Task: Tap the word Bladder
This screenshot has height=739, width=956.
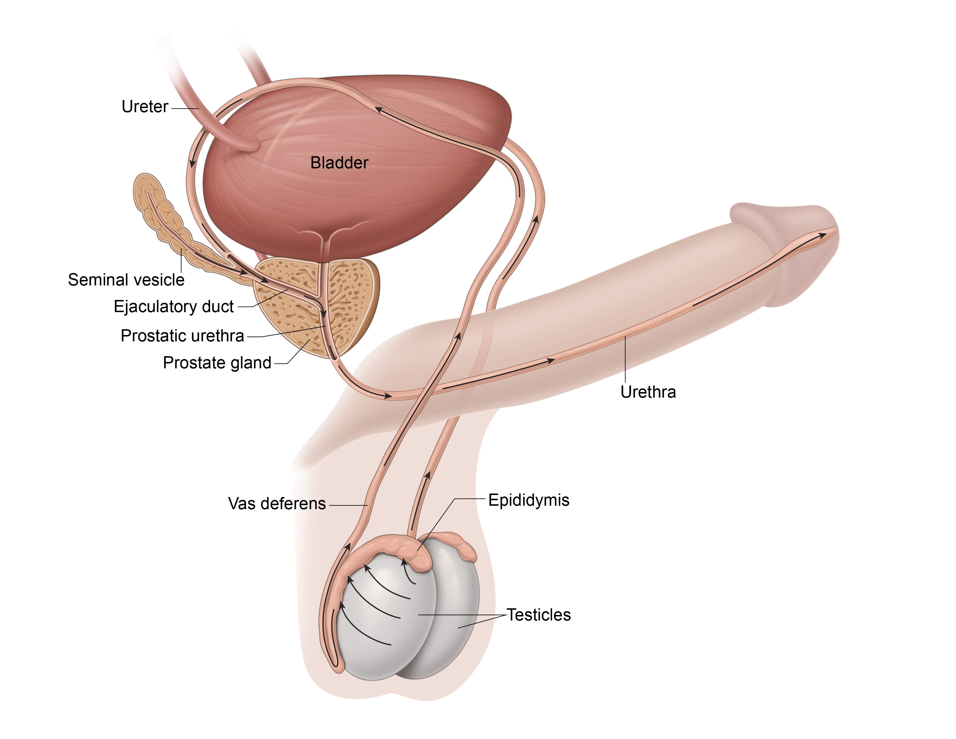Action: [x=339, y=163]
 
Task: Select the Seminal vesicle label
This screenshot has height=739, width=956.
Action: [x=126, y=280]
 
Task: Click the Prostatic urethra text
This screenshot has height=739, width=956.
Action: [x=182, y=336]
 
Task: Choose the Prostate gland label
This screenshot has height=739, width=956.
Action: [x=217, y=363]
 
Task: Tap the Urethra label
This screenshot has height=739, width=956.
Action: [x=648, y=392]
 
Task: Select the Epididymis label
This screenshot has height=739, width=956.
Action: [x=529, y=500]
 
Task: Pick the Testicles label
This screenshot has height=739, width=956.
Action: [x=539, y=615]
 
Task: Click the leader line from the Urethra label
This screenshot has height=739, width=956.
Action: [x=625, y=359]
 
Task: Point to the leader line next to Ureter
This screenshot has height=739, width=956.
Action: [x=185, y=108]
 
